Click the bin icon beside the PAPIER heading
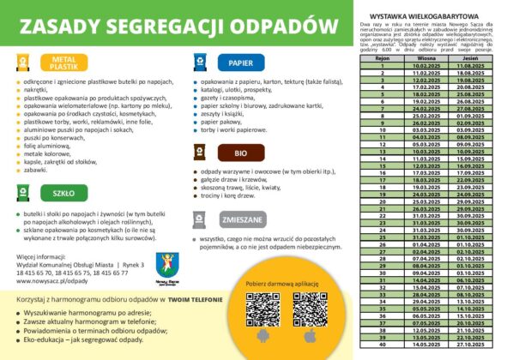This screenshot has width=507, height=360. coord(199,63)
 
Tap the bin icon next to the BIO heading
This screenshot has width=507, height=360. coord(199,153)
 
